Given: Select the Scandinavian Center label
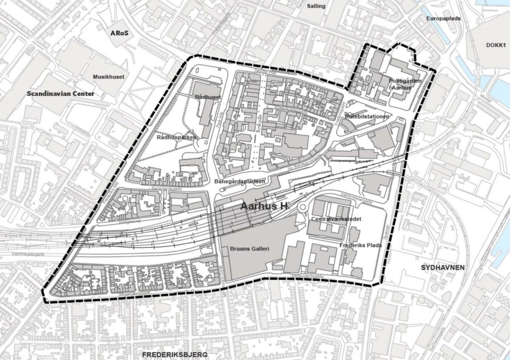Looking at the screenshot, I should (x=60, y=94).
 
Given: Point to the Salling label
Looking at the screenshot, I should (x=316, y=6).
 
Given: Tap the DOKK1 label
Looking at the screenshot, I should (x=496, y=45).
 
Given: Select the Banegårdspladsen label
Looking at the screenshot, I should (x=240, y=181).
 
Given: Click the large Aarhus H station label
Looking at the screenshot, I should (x=264, y=207).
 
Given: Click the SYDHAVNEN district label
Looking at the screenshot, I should (x=442, y=267).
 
